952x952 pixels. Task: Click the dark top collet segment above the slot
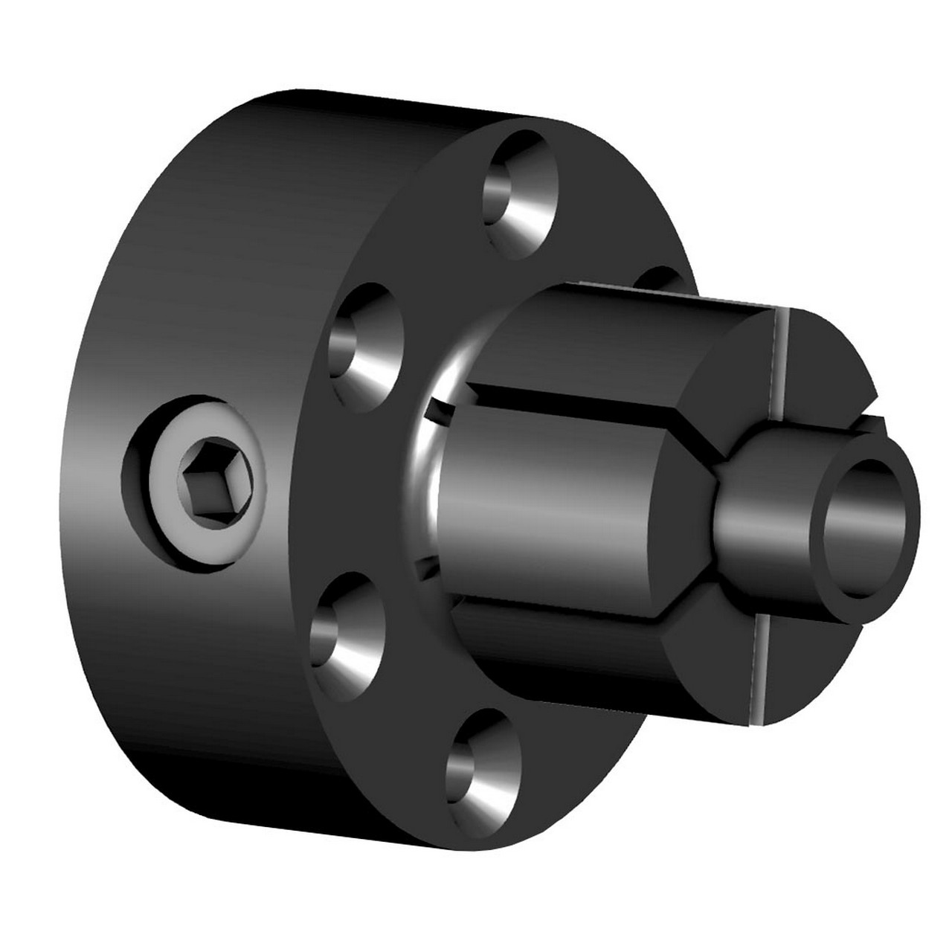pyautogui.click(x=610, y=342)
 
